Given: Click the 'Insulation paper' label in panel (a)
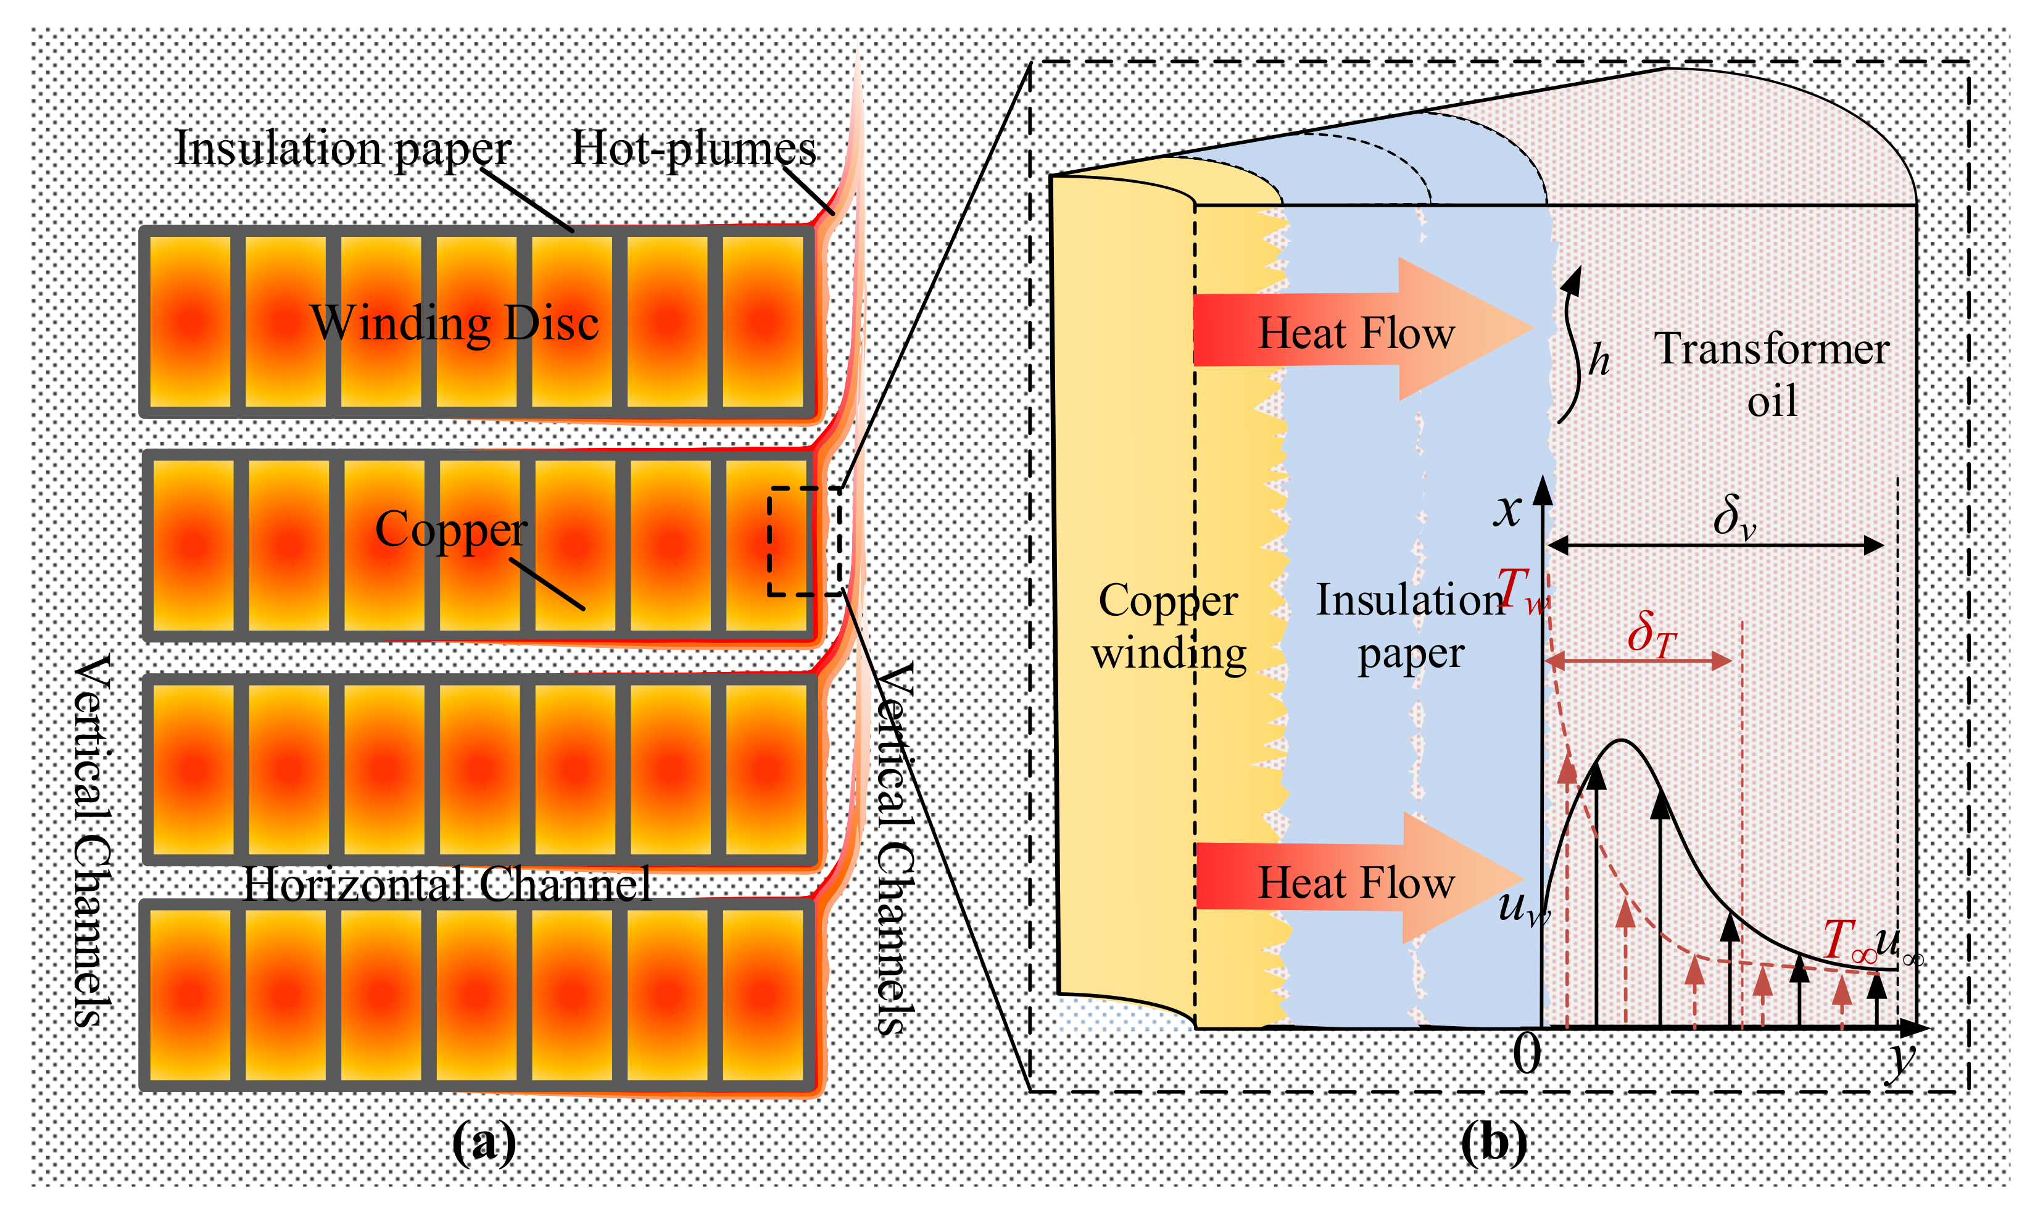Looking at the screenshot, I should tap(342, 149).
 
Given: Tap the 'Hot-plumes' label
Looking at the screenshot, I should tap(693, 149).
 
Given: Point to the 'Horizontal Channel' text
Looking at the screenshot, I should tap(447, 885).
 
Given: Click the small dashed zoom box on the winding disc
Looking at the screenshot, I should tap(805, 542).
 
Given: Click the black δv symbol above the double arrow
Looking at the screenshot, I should tap(1733, 518).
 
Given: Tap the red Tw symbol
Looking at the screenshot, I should tap(1521, 590).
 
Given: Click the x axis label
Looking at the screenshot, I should tap(1507, 510).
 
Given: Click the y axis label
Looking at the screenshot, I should tap(1901, 1059).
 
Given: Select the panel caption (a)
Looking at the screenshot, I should tap(484, 1141).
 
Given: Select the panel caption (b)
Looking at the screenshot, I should tap(1493, 1141).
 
